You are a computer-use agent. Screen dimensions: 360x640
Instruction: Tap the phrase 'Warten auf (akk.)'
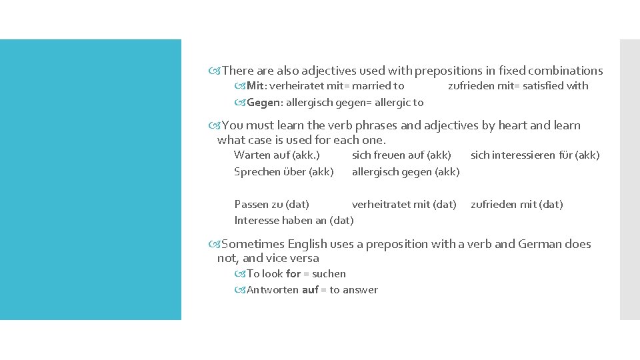tap(277, 155)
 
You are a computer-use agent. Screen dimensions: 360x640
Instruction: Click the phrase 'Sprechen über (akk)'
tap(283, 171)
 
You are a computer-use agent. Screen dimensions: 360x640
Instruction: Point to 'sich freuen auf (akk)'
tap(401, 155)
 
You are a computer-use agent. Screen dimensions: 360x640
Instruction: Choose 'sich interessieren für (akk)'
tap(535, 155)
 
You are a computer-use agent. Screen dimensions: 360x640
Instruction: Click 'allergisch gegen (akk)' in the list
tap(405, 171)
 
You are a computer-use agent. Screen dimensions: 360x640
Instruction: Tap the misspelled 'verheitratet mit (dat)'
tap(404, 205)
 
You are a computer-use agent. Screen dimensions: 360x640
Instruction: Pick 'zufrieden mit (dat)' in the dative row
tap(517, 205)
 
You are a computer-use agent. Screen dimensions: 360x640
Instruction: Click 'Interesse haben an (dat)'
tap(293, 220)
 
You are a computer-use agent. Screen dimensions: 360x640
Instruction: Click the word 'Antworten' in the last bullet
tap(273, 289)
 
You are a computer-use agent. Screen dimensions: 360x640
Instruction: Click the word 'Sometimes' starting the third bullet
tap(251, 244)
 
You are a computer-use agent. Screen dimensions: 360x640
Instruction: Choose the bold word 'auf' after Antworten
tap(310, 289)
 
